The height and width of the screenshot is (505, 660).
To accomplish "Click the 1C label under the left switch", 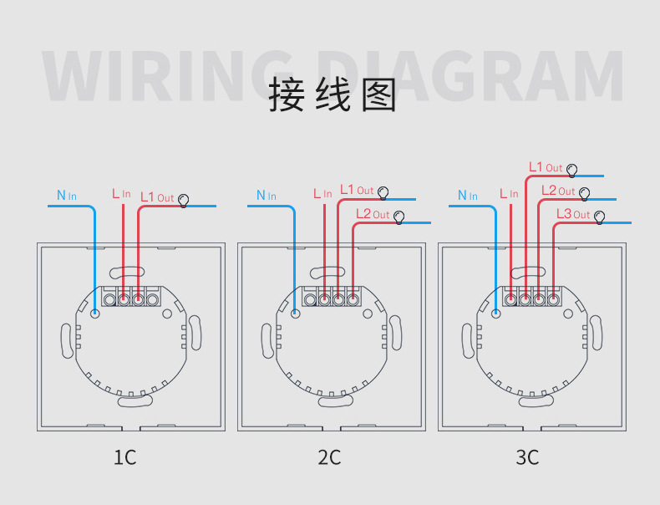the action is pos(125,457).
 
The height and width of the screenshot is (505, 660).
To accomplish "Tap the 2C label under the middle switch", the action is pos(329,457).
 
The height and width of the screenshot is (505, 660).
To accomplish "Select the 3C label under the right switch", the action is pos(527,457).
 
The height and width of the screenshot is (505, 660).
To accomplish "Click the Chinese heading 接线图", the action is pos(333,94).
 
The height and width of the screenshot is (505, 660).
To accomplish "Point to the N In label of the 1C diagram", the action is pos(67,196).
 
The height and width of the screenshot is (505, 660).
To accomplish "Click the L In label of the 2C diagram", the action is pos(322,194).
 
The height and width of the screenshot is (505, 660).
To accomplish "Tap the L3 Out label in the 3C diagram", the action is pos(573,214).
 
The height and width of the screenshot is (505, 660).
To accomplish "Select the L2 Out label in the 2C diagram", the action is pos(373,214).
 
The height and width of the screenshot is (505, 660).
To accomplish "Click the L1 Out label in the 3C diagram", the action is pos(546,167).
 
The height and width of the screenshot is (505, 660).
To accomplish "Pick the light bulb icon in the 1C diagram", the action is pos(183,201).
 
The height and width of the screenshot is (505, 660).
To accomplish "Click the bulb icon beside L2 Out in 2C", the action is pos(399,217).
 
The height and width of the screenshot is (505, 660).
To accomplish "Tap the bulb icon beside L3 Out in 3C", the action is pos(599,217).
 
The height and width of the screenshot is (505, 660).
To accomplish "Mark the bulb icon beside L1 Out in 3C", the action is pos(571,171).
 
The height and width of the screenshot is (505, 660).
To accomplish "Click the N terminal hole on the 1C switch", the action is pos(95,314).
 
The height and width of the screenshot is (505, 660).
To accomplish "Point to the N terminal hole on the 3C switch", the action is pos(497,314).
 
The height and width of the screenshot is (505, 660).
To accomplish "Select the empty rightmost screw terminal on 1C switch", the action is pos(152,300).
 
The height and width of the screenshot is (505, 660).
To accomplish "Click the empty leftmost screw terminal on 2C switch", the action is pos(310,300).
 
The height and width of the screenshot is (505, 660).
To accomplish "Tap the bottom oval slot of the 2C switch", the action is pos(336,401).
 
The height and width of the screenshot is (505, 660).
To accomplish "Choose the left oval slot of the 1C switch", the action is pos(68,341).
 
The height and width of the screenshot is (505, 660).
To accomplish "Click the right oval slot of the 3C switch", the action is pos(596,333).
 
